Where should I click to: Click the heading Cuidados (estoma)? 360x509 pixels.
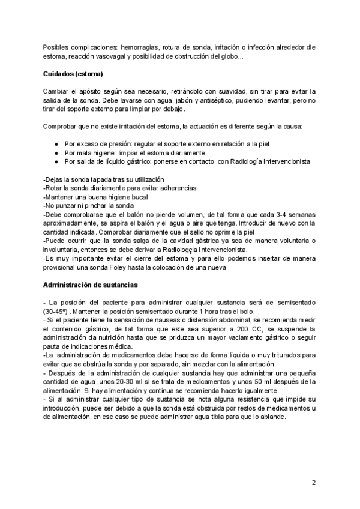[74, 74]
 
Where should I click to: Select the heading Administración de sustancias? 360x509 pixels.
[90, 284]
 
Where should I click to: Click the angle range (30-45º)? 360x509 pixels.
[58, 311]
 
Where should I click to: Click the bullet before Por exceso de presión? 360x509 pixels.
[56, 145]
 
